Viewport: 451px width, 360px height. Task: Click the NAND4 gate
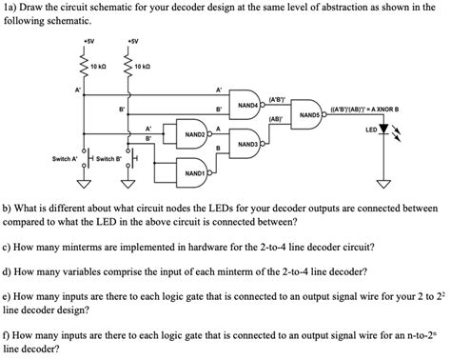248,104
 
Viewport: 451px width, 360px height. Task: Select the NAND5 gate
309,114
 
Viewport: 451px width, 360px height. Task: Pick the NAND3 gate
249,144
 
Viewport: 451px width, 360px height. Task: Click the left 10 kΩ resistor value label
100,67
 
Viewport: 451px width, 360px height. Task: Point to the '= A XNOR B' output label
385,109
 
